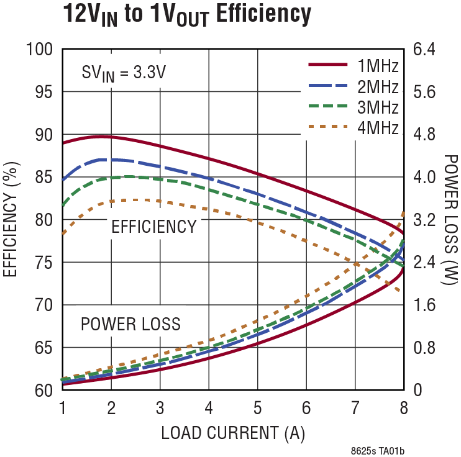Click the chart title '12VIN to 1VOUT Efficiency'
186,15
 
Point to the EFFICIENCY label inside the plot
153,227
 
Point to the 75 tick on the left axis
43,262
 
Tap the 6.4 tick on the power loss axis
426,49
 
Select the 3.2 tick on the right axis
426,220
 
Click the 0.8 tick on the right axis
426,348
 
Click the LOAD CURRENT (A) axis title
233,433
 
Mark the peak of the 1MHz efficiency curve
103,135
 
